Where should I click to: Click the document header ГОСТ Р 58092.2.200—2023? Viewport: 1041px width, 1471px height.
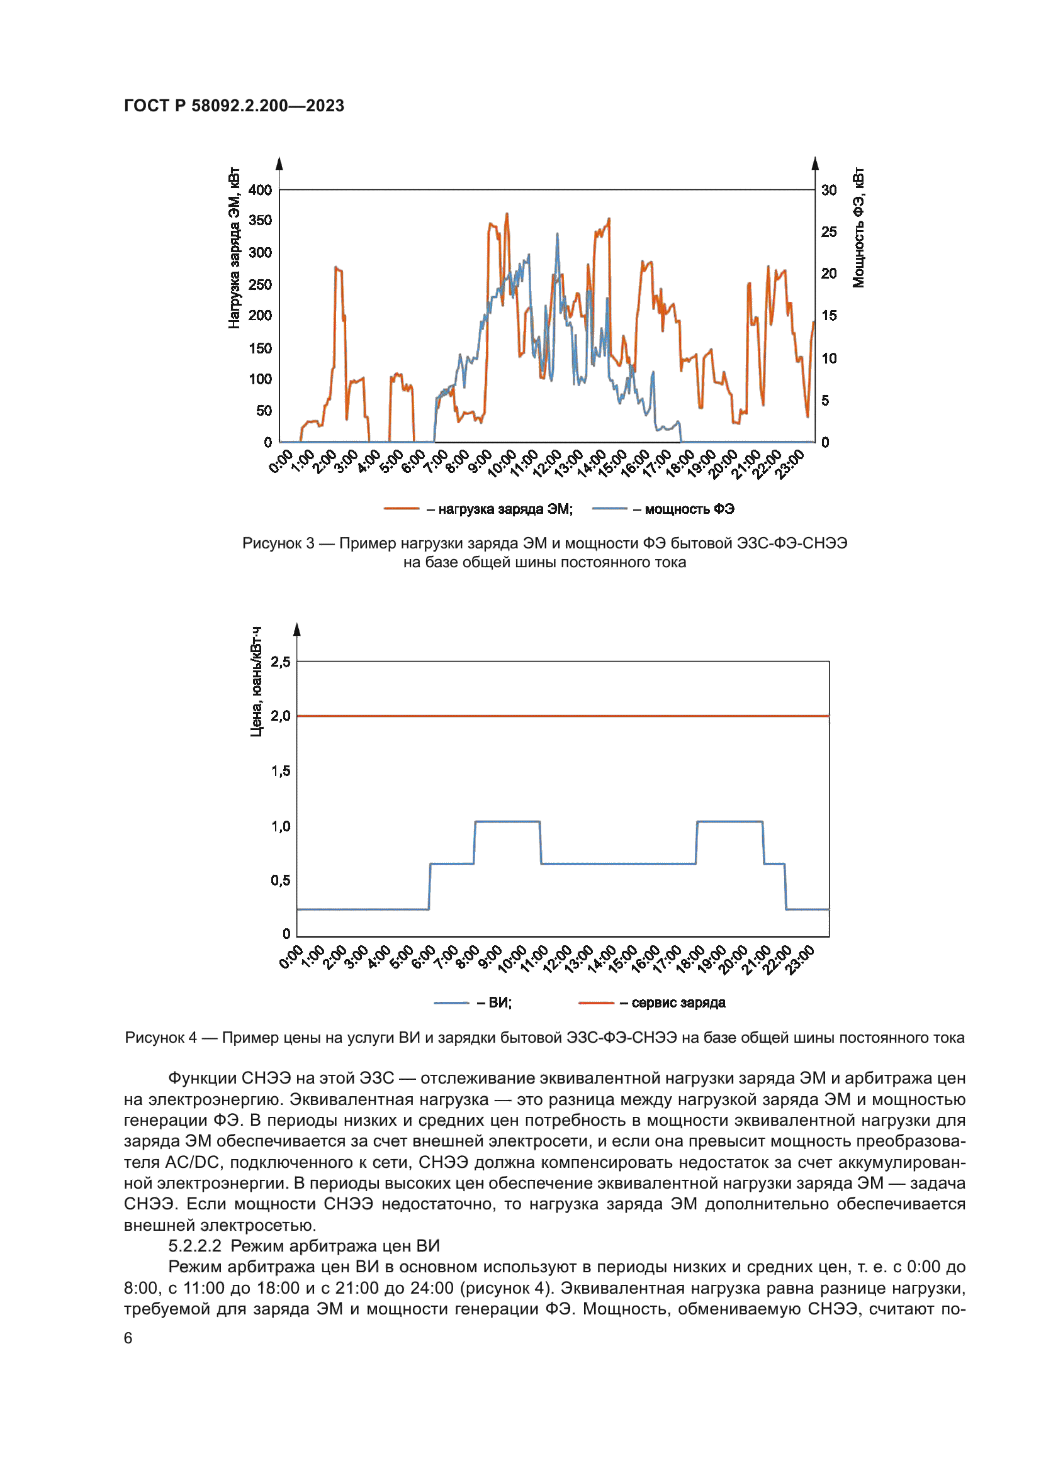(234, 106)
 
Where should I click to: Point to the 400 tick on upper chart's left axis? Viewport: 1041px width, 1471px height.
(261, 190)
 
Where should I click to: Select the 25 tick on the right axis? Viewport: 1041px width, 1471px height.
(829, 232)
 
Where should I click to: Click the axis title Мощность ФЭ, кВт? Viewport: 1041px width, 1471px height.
(858, 228)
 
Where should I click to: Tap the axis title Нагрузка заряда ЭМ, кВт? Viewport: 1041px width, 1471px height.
(234, 248)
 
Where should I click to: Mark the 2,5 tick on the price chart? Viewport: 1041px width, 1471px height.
(280, 662)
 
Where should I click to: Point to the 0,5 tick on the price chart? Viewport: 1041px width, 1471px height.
(280, 880)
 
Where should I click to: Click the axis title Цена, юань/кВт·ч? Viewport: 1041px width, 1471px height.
(256, 682)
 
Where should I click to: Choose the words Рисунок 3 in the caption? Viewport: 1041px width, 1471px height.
(278, 543)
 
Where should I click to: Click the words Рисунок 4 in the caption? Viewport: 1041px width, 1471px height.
(161, 1037)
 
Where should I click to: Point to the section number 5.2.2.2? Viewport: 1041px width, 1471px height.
(195, 1246)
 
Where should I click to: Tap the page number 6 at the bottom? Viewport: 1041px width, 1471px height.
(128, 1338)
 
